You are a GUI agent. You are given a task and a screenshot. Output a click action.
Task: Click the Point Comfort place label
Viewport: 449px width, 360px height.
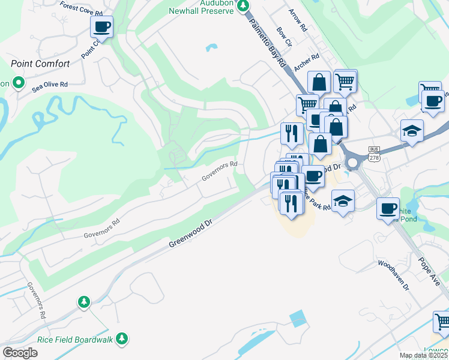[40, 64]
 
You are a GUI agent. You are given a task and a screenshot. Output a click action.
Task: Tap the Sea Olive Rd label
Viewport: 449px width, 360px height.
[50, 85]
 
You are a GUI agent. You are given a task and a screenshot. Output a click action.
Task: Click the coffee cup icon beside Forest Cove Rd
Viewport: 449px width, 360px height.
[101, 27]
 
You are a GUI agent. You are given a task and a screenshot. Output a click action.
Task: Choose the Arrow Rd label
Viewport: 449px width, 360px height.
[298, 20]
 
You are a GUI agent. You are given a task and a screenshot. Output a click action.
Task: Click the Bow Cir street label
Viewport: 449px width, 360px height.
[284, 36]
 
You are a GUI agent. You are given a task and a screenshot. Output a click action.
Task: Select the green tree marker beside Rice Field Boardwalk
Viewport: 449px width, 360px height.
[122, 340]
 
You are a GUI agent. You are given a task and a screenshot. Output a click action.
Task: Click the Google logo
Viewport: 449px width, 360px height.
[20, 353]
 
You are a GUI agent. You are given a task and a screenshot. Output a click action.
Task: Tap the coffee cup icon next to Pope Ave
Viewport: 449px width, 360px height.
[388, 208]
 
